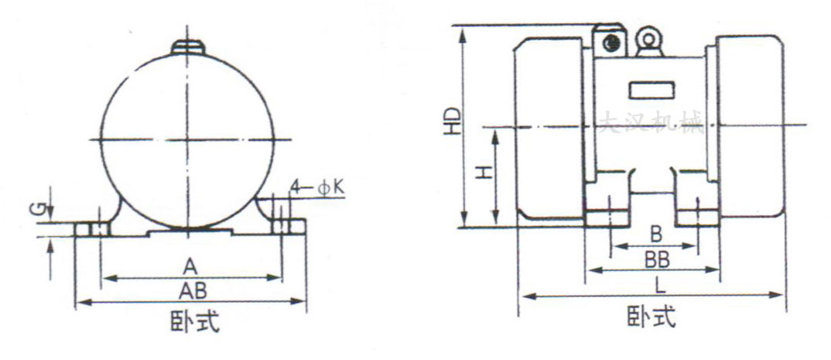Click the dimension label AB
click(x=191, y=290)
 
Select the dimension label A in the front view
click(x=190, y=266)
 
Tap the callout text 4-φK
click(x=316, y=187)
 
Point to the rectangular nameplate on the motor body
click(x=651, y=90)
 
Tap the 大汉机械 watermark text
click(x=651, y=123)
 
